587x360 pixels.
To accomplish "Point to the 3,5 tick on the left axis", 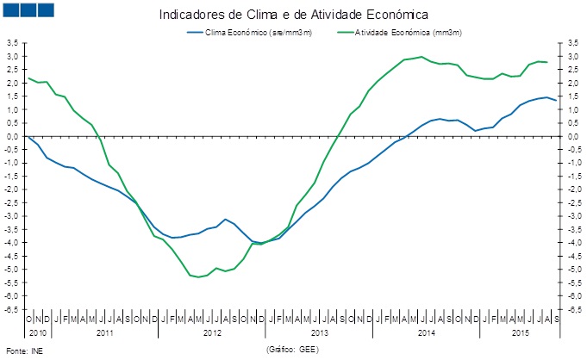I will click(13, 42).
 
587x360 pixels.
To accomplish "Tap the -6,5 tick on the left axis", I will click(13, 309).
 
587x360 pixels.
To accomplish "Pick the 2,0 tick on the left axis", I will click(13, 83).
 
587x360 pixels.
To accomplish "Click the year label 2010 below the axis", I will click(37, 332).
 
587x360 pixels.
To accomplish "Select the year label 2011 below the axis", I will click(105, 332).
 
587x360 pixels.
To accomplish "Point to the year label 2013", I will click(320, 332).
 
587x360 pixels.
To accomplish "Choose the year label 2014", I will click(427, 332).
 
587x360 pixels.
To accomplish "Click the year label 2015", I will click(520, 332).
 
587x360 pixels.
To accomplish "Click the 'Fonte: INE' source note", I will click(24, 351).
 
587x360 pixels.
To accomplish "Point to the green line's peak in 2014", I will click(421, 57).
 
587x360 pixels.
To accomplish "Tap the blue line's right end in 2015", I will click(556, 101).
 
